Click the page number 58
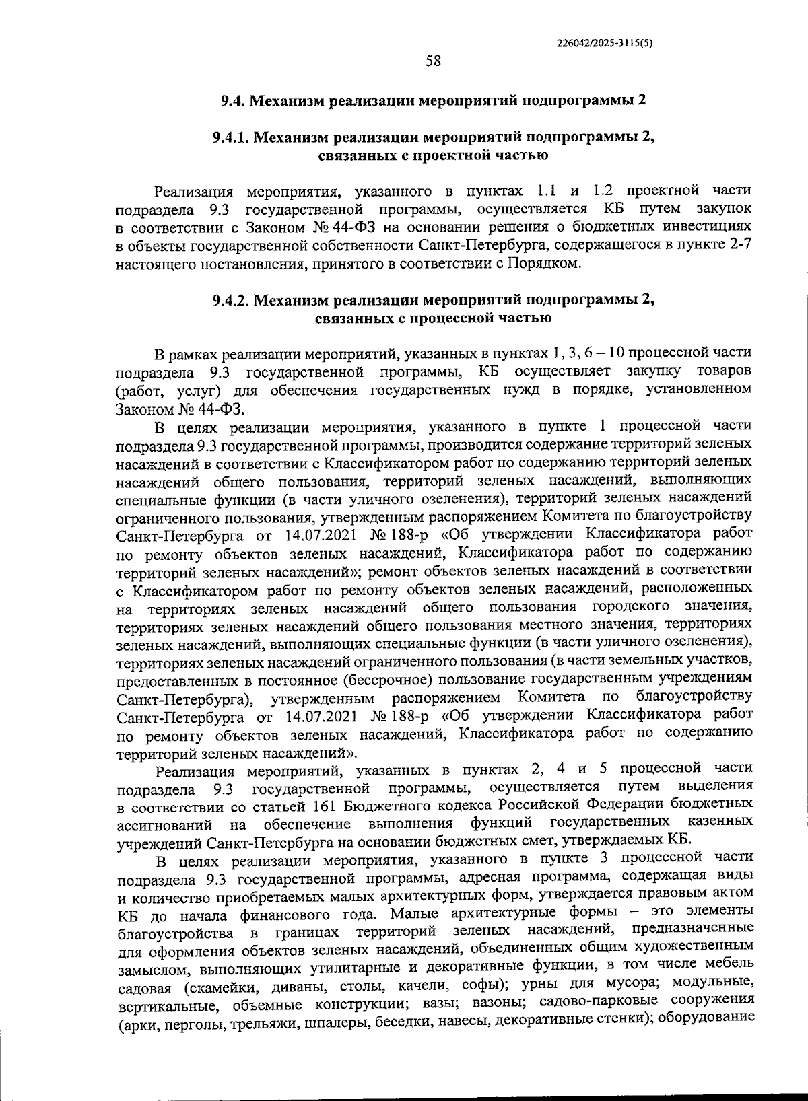tap(433, 61)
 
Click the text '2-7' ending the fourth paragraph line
tap(740, 245)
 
